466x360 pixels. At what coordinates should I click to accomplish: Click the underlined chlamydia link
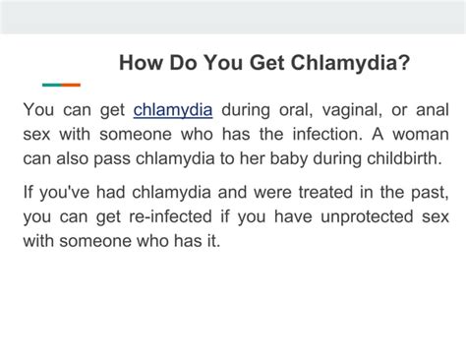173,109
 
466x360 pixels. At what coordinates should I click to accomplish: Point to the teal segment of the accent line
52,85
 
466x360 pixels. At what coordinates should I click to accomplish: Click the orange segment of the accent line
71,85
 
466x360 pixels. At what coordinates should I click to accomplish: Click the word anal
433,109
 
